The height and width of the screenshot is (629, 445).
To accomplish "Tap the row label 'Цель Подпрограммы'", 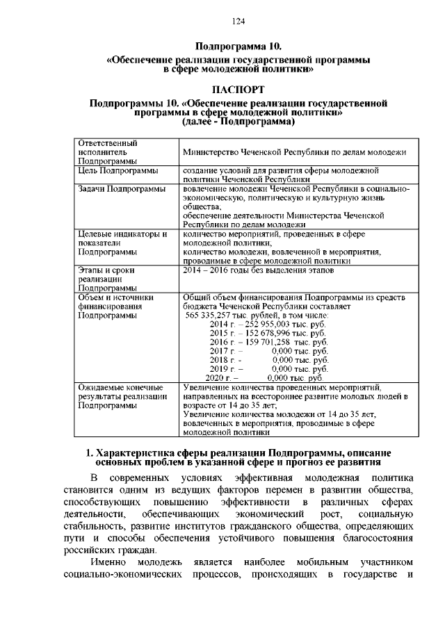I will point(118,170).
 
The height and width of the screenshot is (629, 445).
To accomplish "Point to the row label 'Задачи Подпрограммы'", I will point(121,188).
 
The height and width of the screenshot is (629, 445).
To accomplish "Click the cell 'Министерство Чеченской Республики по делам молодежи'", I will point(293,152).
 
